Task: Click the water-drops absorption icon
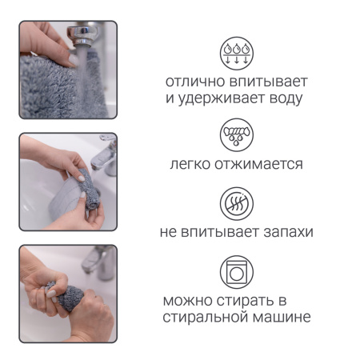click(x=236, y=53)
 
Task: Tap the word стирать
click(x=254, y=302)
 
